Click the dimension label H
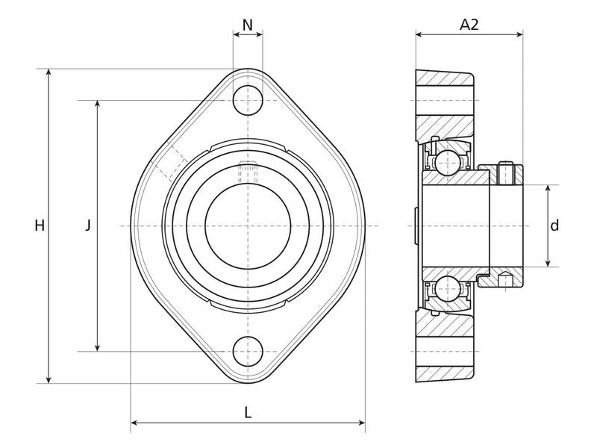40,225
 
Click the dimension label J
87,225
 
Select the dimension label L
248,411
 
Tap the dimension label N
248,25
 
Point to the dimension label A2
469,25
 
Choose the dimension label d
554,225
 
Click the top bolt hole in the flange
248,100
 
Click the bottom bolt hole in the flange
248,351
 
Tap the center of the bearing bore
248,225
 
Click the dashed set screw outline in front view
248,172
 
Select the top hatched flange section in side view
444,78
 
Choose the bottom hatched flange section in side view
444,373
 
